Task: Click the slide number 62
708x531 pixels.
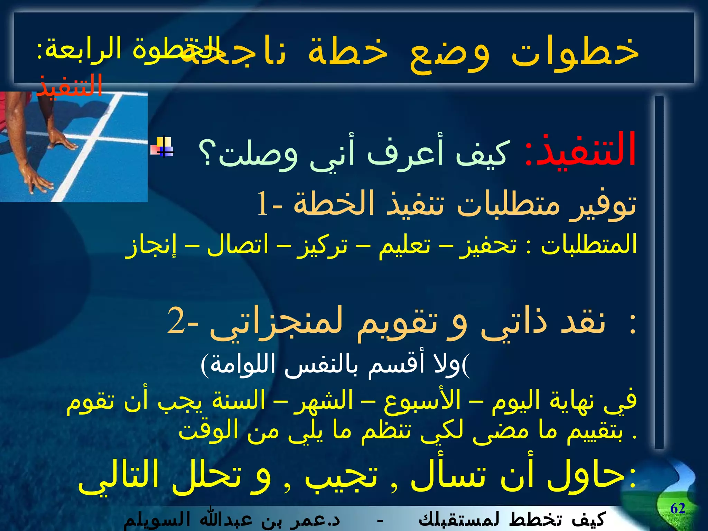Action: click(x=678, y=509)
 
